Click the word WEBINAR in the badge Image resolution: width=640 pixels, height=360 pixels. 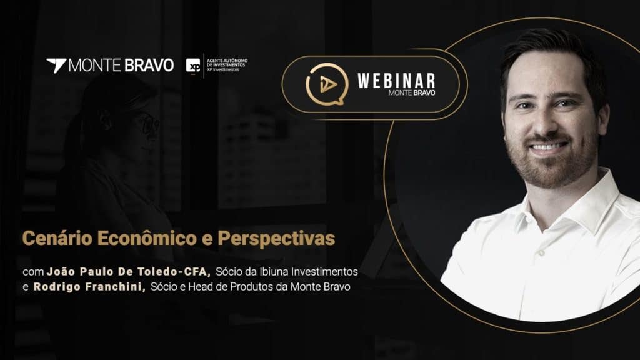pyautogui.click(x=396, y=81)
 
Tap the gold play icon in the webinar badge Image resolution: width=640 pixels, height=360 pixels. pyautogui.click(x=327, y=84)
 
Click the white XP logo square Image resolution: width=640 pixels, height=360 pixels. pyautogui.click(x=193, y=66)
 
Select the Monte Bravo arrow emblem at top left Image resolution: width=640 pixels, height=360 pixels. pyautogui.click(x=56, y=65)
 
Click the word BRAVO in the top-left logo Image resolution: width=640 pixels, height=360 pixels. pyautogui.click(x=149, y=65)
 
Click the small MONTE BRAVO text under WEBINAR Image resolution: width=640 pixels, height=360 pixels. pyautogui.click(x=412, y=93)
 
